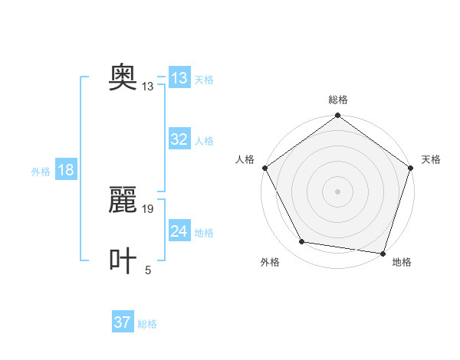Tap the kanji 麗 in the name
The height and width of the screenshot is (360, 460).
pyautogui.click(x=123, y=201)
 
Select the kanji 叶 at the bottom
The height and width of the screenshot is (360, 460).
pyautogui.click(x=123, y=260)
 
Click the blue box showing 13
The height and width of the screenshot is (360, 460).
pyautogui.click(x=179, y=78)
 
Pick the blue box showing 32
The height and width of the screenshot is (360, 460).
pyautogui.click(x=179, y=139)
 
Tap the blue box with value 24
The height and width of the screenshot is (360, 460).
pyautogui.click(x=179, y=231)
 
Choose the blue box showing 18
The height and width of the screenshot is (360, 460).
pyautogui.click(x=66, y=170)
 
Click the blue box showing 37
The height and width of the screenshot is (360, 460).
pyautogui.click(x=123, y=322)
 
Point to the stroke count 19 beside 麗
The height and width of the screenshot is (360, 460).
pyautogui.click(x=148, y=208)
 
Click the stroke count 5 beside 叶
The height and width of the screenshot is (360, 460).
pyautogui.click(x=148, y=270)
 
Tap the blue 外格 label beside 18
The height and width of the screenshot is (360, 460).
pyautogui.click(x=41, y=172)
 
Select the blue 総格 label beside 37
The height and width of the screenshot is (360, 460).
pyautogui.click(x=147, y=324)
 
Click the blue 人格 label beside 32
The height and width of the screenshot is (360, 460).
pyautogui.click(x=204, y=141)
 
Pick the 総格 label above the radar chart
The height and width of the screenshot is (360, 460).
pyautogui.click(x=338, y=100)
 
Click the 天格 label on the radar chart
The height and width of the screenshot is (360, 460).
pyautogui.click(x=431, y=159)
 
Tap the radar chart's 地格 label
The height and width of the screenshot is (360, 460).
pyautogui.click(x=402, y=262)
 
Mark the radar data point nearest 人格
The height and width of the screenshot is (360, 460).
pyautogui.click(x=264, y=168)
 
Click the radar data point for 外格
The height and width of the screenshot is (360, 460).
pyautogui.click(x=302, y=242)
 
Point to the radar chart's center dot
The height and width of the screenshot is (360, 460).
pyautogui.click(x=338, y=191)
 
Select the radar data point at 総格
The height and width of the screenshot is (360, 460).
pyautogui.click(x=338, y=116)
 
